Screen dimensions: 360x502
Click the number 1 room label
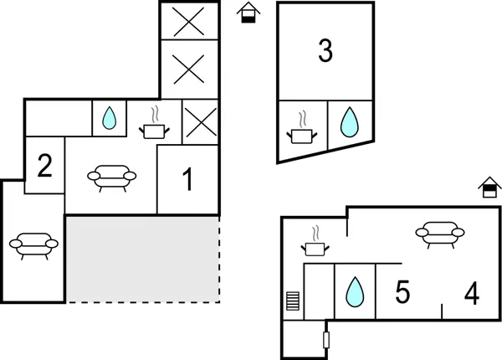tap(188, 178)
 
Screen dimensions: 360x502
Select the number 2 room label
tap(45, 165)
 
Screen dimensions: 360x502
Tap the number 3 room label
tap(325, 51)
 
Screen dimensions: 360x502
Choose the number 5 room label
tap(402, 293)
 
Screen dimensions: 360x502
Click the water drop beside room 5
tap(355, 291)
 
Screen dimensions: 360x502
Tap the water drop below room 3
tap(348, 122)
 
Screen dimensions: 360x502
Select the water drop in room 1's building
tap(108, 120)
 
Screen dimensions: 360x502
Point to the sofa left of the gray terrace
tap(33, 244)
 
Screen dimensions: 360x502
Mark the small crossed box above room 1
tap(200, 125)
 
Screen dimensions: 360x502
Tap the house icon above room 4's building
tap(488, 188)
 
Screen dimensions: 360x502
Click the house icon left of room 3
tap(247, 13)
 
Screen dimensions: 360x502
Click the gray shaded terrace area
tap(142, 258)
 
